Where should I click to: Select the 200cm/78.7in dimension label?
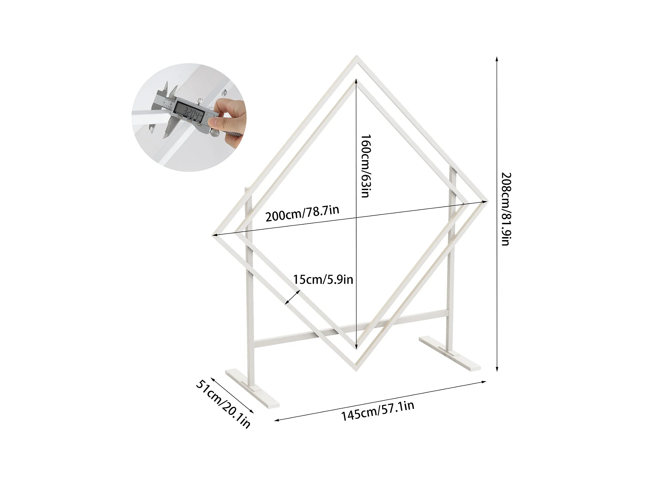[x=302, y=213]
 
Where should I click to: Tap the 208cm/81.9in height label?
[x=506, y=209]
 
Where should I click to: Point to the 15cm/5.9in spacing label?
[x=323, y=280]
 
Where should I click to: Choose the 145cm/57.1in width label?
[x=378, y=411]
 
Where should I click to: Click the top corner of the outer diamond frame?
[x=357, y=56]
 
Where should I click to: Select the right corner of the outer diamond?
[x=487, y=201]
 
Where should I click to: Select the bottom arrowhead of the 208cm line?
[x=497, y=369]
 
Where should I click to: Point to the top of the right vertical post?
[x=453, y=167]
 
